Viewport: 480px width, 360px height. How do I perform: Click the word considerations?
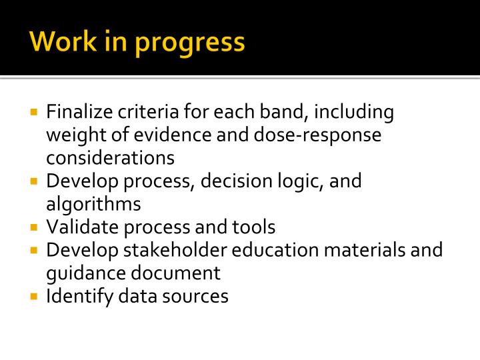point(110,157)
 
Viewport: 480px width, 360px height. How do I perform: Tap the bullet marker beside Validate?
point(35,227)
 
